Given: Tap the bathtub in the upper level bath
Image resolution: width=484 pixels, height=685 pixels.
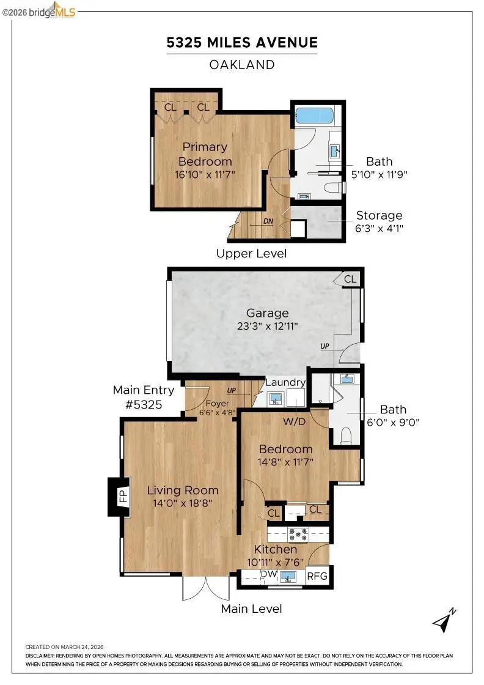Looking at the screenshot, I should (x=314, y=115).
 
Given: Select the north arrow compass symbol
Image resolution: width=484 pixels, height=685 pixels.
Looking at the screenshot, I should (x=444, y=620).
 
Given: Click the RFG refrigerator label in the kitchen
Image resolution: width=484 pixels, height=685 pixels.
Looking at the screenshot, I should (x=317, y=576).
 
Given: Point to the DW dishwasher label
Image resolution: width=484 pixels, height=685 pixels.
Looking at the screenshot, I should (x=268, y=574).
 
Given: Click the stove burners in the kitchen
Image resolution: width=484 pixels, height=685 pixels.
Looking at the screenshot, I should (x=298, y=533).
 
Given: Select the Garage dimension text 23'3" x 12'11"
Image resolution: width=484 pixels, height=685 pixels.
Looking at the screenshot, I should (x=268, y=327).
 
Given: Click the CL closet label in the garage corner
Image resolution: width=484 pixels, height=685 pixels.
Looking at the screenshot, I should (x=350, y=279).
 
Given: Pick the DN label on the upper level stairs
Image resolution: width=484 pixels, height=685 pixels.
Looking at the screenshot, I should (x=268, y=221).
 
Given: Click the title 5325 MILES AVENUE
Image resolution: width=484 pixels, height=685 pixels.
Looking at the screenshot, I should (x=243, y=42).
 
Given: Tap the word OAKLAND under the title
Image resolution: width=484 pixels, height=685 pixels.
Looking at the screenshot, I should (x=243, y=64).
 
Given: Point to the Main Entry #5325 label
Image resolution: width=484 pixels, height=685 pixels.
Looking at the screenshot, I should (x=144, y=397).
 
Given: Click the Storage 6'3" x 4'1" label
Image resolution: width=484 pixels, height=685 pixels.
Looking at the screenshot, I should (x=379, y=221).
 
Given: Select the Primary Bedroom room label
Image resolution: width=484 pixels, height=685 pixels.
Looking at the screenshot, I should (x=205, y=154).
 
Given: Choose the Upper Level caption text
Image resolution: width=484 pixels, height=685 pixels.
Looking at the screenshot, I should (x=251, y=253).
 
